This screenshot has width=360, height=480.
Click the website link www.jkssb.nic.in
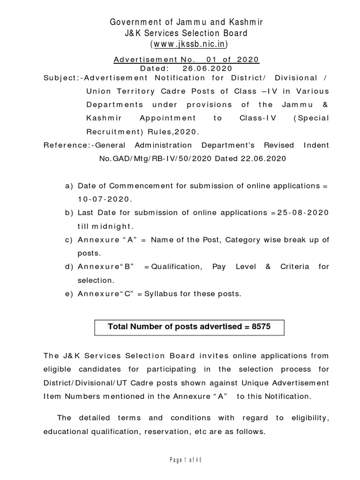(189, 44)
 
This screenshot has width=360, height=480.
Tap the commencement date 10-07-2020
(105, 199)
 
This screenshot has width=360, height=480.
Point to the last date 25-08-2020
(303, 213)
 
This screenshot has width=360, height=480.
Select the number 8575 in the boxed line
(261, 327)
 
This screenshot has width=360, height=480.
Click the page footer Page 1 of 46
(186, 459)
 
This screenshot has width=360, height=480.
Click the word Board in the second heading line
(231, 33)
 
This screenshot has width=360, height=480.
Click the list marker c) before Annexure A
(69, 240)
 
